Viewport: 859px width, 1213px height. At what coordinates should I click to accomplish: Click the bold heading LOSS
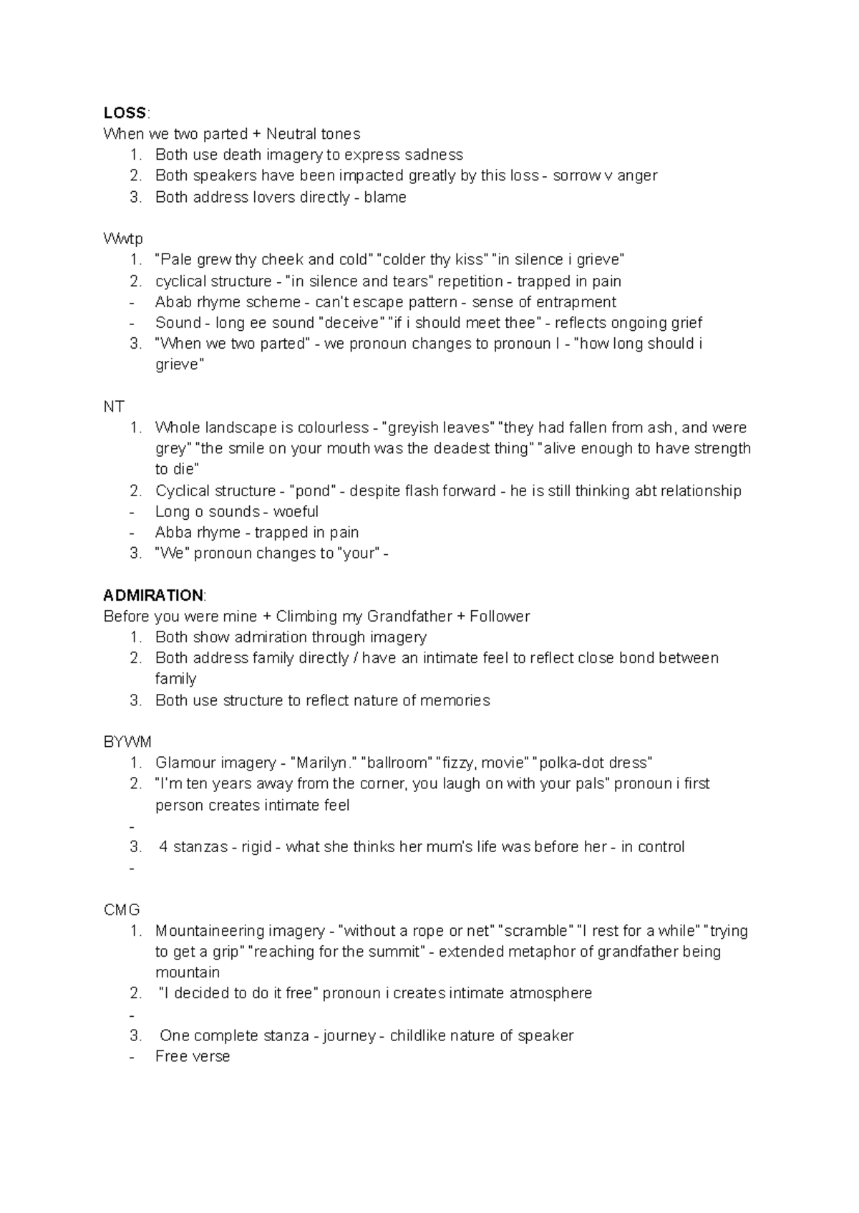coord(125,112)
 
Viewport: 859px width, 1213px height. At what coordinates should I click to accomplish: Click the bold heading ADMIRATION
coord(153,595)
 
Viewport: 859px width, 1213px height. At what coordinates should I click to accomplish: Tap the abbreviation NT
coord(114,407)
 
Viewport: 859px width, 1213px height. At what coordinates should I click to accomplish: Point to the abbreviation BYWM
coord(127,742)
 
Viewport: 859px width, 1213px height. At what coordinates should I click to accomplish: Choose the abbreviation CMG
coord(122,909)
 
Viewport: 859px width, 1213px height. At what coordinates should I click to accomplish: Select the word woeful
coord(296,511)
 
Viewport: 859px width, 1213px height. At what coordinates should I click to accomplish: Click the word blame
coord(385,197)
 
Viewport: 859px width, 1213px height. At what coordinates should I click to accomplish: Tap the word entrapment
coord(570,301)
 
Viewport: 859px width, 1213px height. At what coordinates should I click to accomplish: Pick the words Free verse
coord(193,1056)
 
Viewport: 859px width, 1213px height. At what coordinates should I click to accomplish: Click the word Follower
coord(500,616)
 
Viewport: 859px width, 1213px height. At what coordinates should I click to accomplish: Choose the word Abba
coord(173,532)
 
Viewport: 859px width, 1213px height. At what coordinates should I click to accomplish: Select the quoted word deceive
coord(351,322)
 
